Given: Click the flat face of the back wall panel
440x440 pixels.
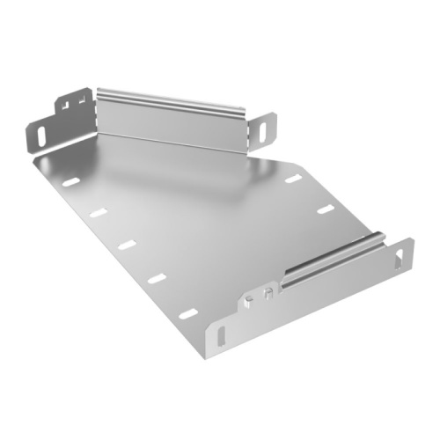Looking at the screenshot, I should [172, 123].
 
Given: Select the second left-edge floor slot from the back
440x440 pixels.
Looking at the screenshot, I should [98, 212].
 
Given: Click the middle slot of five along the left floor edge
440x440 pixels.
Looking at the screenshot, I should [127, 244].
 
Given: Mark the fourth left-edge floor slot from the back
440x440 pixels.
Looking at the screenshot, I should [157, 278].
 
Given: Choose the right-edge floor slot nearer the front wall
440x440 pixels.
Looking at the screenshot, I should [325, 209].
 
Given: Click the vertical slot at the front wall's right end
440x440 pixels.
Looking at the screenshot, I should [404, 255].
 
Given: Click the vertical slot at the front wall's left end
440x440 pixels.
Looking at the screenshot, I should [219, 338].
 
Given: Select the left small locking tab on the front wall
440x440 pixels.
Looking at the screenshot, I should [252, 300].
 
